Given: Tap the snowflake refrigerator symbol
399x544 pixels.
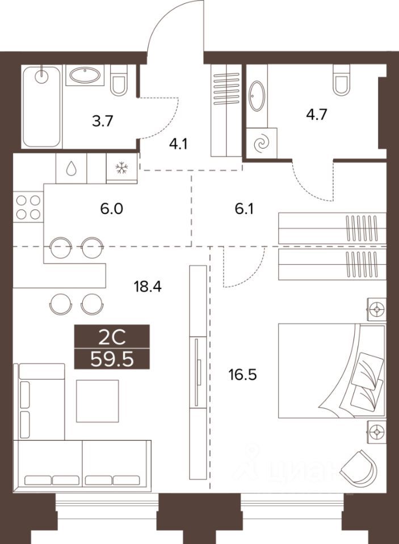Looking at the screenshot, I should pos(121,168).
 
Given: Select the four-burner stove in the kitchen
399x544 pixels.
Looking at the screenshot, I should pos(28,207).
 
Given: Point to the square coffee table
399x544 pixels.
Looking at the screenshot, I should pos(98,401).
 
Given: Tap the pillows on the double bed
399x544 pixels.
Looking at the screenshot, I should pos(364,377).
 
